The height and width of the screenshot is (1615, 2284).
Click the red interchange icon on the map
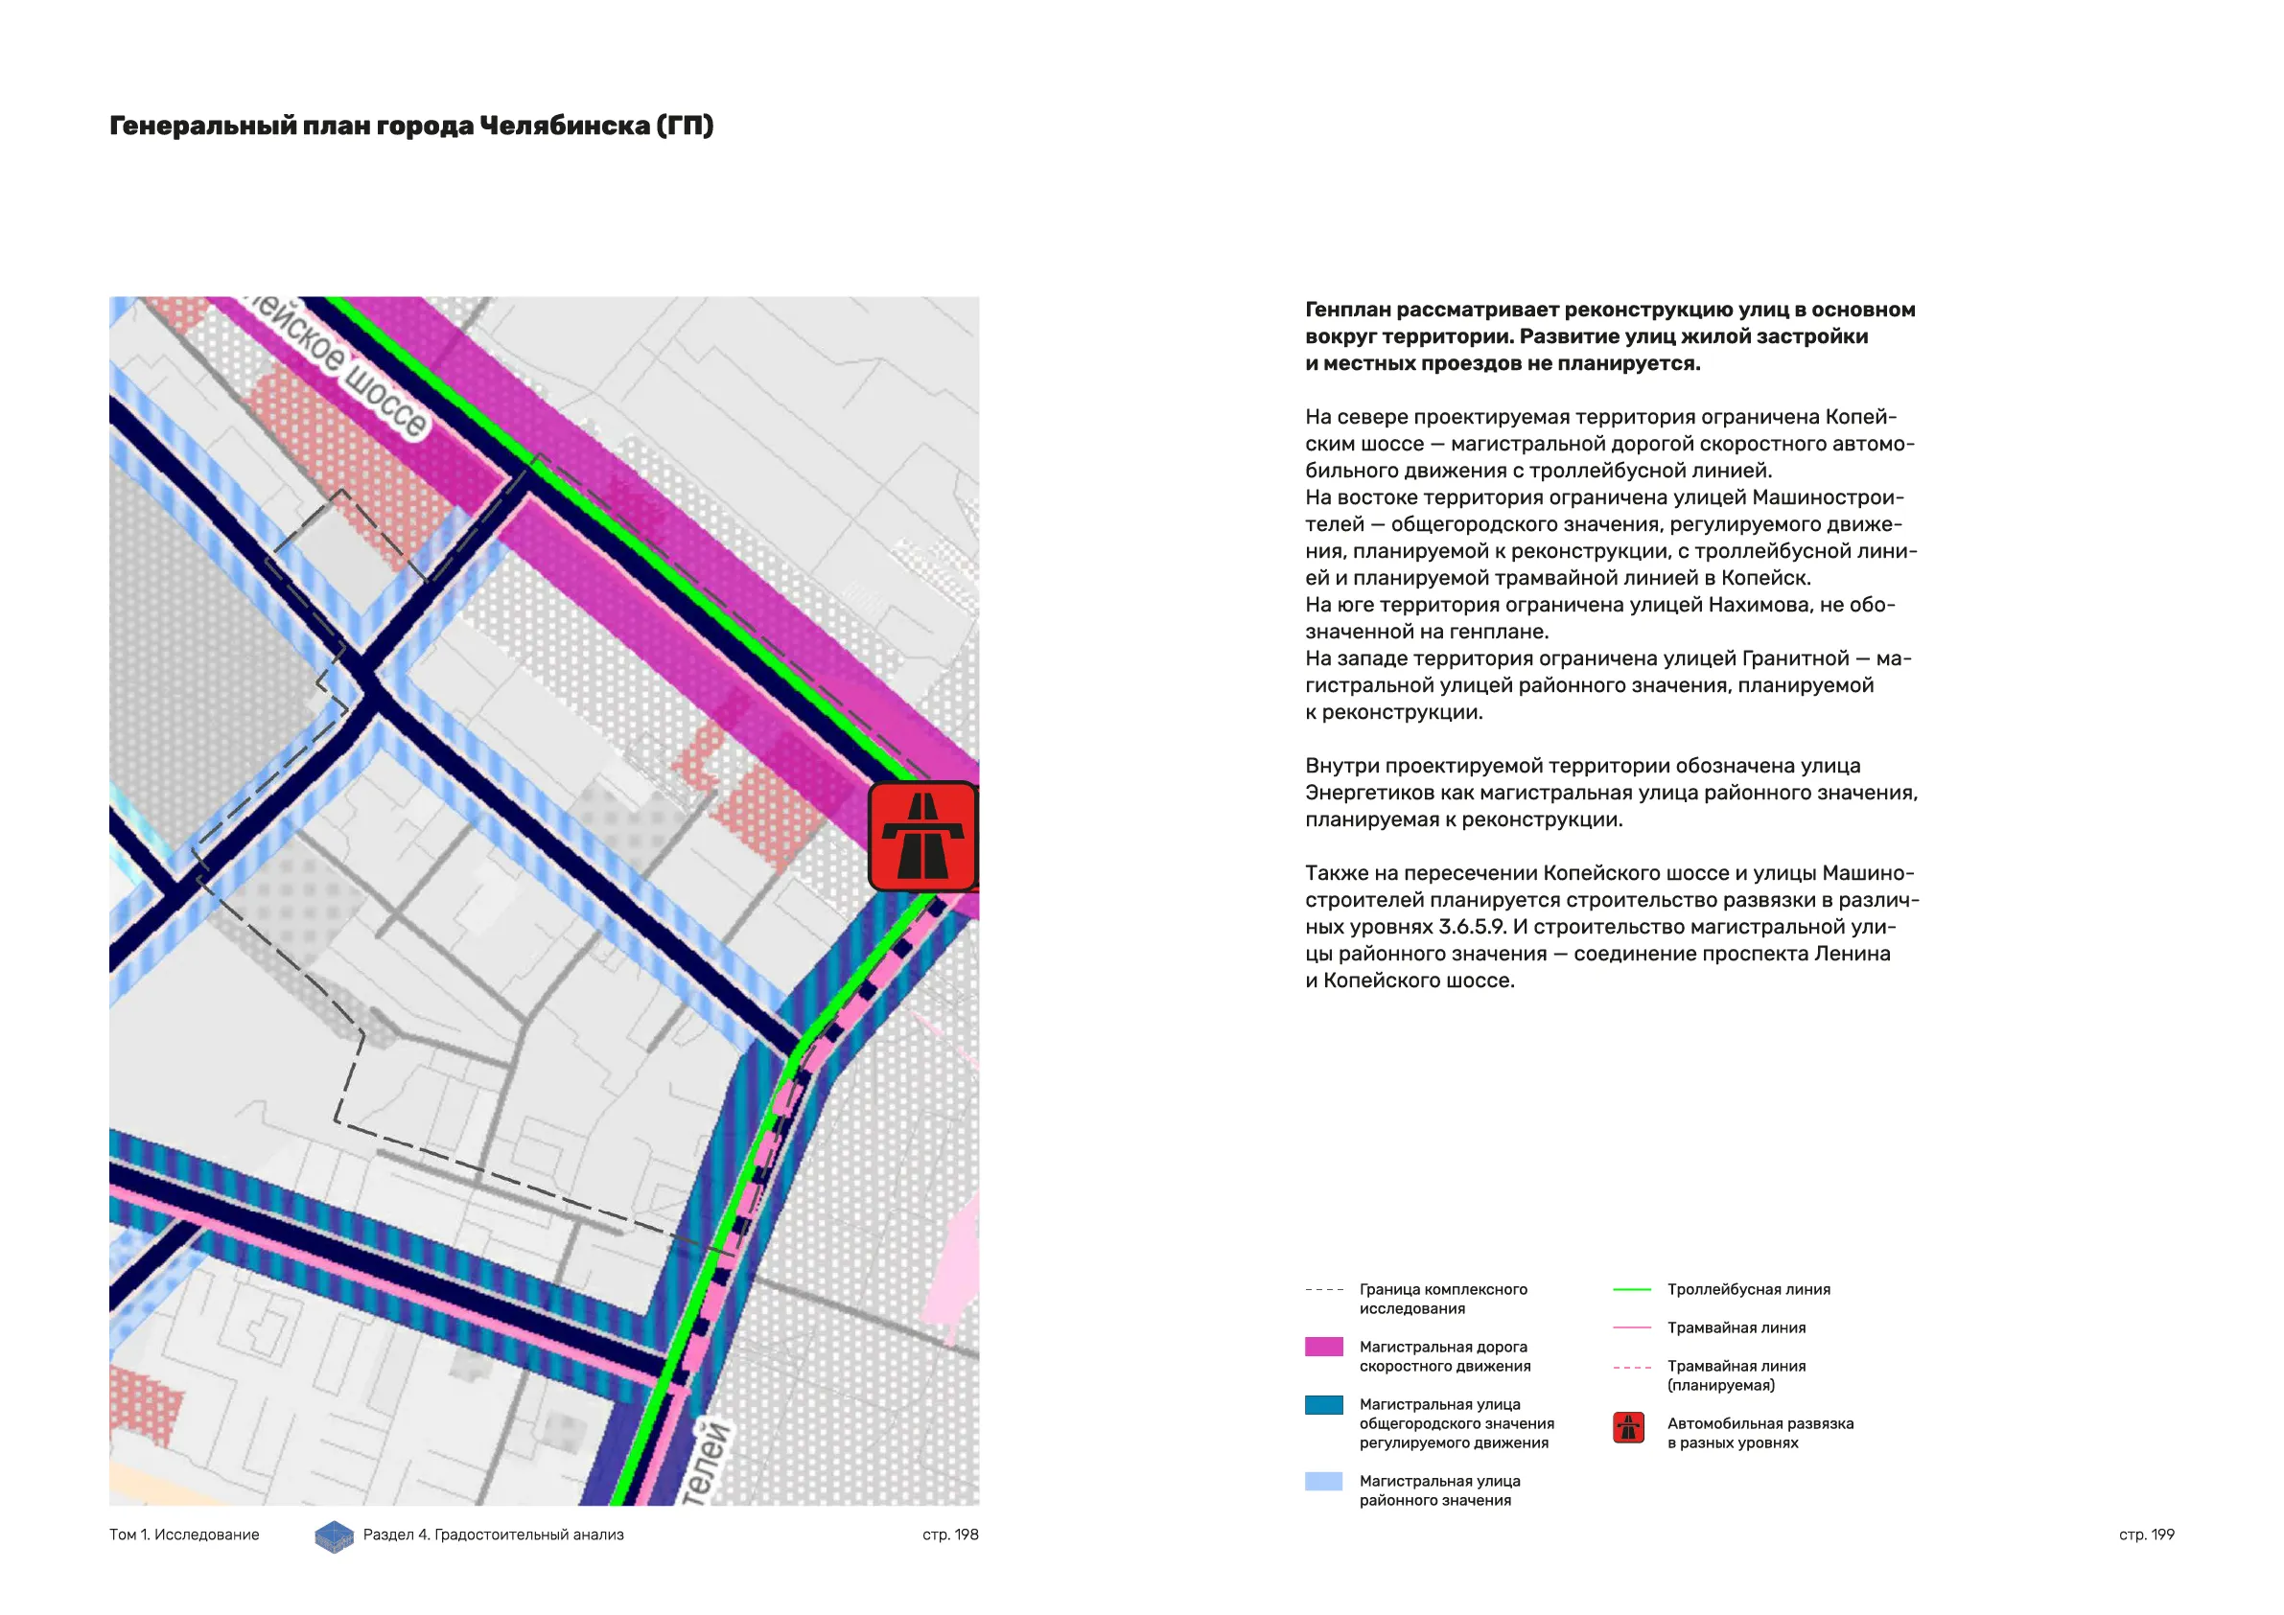pos(922,836)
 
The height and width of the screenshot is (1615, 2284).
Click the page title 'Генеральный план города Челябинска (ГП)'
pos(410,127)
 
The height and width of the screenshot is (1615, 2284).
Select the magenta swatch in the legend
pos(1323,1347)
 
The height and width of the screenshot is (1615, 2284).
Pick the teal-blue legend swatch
pos(1323,1404)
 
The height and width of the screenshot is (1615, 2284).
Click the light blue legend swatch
pos(1323,1481)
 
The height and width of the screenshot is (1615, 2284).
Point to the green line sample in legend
pos(1631,1290)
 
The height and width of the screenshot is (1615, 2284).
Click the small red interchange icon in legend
pos(1628,1428)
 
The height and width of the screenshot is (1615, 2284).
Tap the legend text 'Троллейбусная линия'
pos(1748,1290)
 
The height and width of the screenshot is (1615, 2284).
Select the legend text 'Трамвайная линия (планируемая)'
pos(1736,1375)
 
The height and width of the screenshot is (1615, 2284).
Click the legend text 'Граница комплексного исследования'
pos(1442,1299)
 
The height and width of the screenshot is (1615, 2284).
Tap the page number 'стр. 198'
pos(950,1534)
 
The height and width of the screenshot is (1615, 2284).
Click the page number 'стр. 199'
pos(2146,1534)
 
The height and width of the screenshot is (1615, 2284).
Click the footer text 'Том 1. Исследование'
pos(184,1534)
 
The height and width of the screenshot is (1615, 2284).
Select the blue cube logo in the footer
pos(335,1536)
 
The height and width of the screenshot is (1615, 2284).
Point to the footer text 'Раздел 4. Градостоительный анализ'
pos(494,1534)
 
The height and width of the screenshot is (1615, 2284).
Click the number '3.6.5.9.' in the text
pos(1472,927)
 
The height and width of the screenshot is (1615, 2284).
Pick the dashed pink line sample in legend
pos(1631,1368)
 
